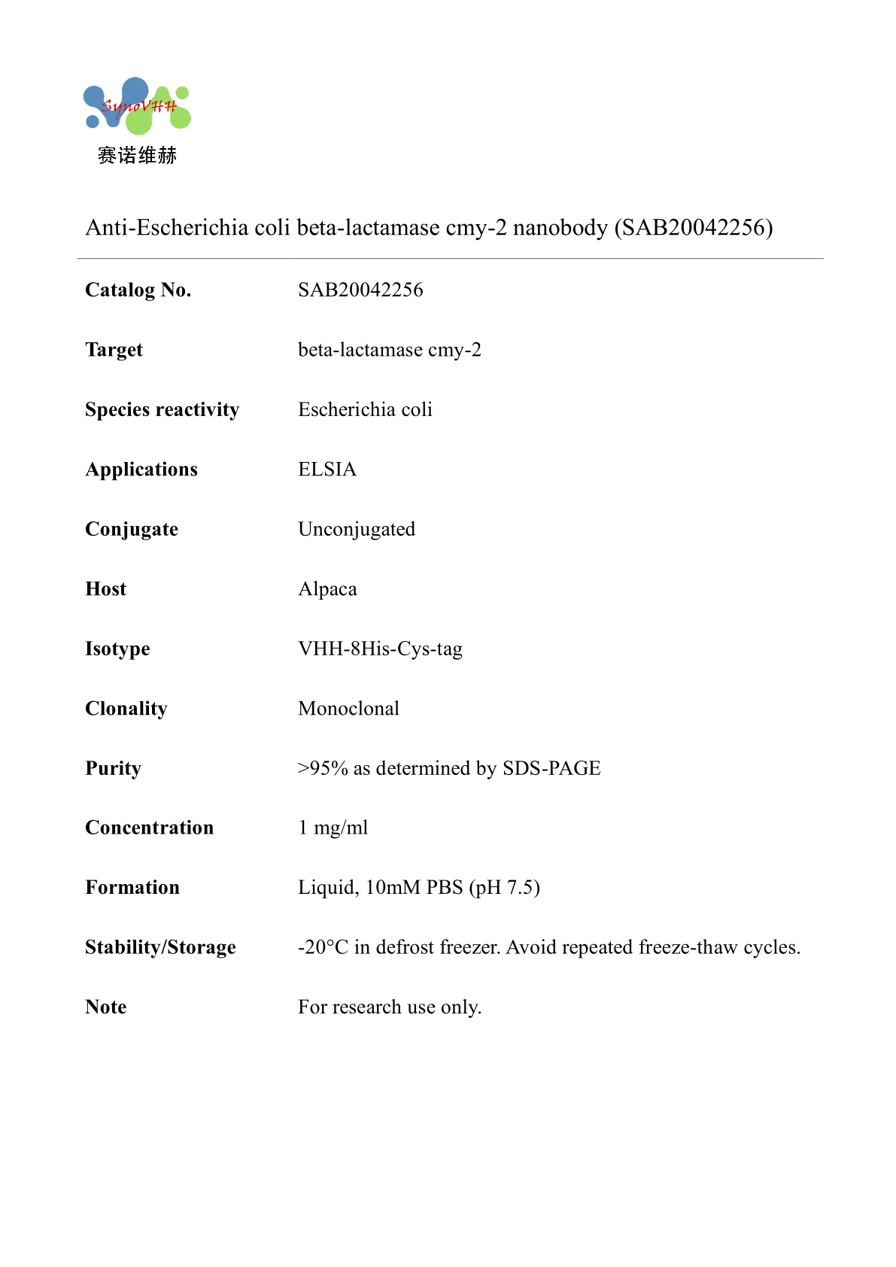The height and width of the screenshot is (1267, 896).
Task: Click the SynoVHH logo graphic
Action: tap(137, 105)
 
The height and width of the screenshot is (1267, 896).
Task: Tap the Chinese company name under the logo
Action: tap(137, 156)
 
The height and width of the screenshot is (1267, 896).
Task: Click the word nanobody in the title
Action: tap(560, 227)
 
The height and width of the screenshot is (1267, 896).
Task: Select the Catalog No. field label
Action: tap(138, 290)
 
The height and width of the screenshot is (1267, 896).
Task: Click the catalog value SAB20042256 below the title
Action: tap(360, 290)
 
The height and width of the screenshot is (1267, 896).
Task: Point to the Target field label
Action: tap(114, 350)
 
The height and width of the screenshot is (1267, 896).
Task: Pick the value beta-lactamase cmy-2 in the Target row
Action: tap(389, 350)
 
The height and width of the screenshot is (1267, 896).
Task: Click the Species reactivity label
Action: tap(162, 409)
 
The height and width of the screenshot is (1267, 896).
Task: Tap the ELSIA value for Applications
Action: tap(327, 469)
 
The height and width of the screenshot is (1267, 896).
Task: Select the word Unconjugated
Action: tap(357, 529)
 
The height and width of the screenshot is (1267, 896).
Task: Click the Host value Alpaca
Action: tap(327, 589)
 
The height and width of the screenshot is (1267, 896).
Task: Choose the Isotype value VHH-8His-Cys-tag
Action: tap(380, 649)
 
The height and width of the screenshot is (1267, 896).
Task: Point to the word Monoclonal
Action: tap(348, 708)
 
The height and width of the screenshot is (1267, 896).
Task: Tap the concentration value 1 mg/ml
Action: tap(333, 828)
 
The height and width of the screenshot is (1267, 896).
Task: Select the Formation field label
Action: tap(132, 888)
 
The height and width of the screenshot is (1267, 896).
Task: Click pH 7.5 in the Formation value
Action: tap(505, 888)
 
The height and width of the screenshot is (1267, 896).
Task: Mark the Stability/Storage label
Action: tap(160, 947)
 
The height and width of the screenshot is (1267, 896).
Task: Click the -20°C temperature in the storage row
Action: tap(323, 947)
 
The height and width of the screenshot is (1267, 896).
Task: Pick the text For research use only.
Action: tap(390, 1007)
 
